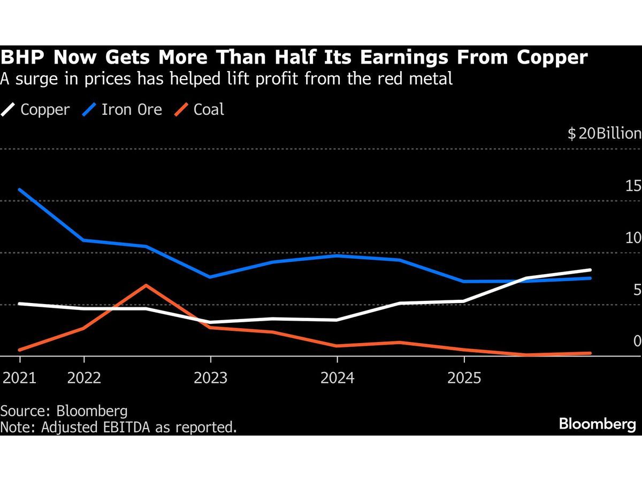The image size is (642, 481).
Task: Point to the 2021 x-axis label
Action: click(20, 378)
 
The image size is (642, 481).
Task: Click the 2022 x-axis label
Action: click(84, 378)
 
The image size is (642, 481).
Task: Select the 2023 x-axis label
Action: click(210, 378)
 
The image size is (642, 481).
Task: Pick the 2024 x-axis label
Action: click(337, 378)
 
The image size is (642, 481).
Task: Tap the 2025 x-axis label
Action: click(464, 378)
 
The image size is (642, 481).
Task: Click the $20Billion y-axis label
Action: click(604, 134)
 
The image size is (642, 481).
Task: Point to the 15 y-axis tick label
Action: click(633, 186)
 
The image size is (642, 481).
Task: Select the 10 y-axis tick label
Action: click(633, 238)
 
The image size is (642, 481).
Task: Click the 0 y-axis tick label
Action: click(637, 341)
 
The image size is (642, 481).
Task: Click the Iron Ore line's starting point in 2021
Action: click(20, 190)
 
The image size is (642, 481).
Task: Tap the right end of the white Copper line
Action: click(590, 270)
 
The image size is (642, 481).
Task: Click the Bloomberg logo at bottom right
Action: click(597, 424)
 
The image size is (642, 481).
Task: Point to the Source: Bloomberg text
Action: click(64, 410)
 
